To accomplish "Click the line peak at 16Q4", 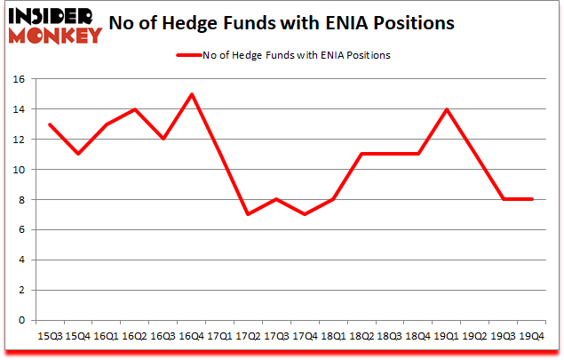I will pyautogui.click(x=192, y=94).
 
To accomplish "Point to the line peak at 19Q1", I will pyautogui.click(x=435, y=109).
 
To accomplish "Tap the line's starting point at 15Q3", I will pyautogui.click(x=50, y=124).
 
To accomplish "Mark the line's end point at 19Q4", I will pyautogui.click(x=531, y=199).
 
